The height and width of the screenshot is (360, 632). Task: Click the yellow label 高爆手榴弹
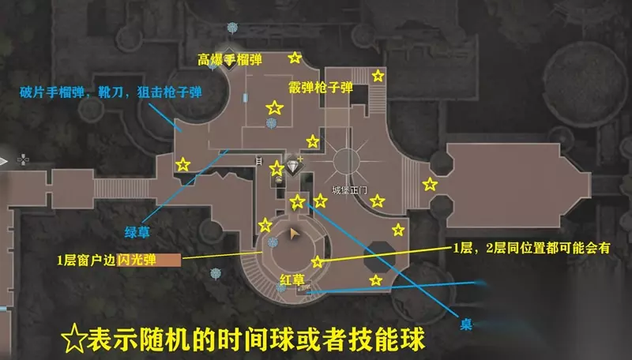click(230, 60)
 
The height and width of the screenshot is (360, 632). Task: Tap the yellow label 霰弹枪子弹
click(321, 88)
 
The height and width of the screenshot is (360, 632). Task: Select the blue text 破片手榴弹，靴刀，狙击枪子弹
click(111, 92)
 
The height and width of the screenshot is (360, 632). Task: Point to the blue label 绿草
click(137, 232)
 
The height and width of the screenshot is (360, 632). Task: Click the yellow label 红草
click(292, 279)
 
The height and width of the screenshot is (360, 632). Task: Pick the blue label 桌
click(466, 324)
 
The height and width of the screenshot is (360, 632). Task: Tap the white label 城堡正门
click(349, 190)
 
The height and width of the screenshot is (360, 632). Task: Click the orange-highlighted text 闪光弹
click(137, 260)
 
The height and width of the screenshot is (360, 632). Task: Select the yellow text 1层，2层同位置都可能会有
click(532, 248)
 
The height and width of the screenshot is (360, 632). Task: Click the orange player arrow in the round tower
click(294, 234)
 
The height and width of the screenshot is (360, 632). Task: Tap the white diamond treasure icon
click(293, 166)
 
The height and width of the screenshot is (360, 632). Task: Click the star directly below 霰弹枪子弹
click(313, 141)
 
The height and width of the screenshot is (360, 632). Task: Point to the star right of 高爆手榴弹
click(295, 58)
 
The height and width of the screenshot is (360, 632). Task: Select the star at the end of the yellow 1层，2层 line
click(318, 262)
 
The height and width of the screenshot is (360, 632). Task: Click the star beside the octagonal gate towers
click(430, 185)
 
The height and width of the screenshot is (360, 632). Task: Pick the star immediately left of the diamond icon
click(277, 169)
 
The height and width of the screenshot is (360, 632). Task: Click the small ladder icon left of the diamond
click(259, 162)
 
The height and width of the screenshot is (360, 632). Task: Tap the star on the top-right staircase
click(378, 76)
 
